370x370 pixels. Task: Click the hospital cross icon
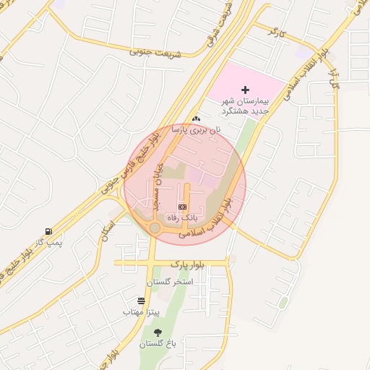coord(246,90)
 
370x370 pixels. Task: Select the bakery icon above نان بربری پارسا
coord(196,118)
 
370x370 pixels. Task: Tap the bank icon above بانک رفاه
coord(182,207)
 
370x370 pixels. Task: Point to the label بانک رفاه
coord(182,216)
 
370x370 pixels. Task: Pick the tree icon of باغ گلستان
coord(158,332)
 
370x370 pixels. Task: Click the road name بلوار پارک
coord(189,265)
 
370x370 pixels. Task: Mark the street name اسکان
coord(109,230)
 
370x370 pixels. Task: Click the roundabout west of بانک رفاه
coord(155,228)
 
